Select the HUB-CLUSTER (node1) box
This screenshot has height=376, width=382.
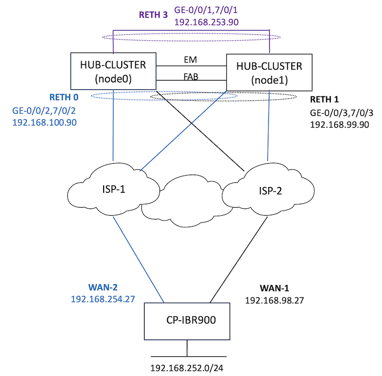(270, 72)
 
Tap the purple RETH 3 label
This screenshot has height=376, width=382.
(153, 15)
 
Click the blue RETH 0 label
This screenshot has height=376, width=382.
(64, 97)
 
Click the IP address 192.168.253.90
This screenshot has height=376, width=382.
(207, 22)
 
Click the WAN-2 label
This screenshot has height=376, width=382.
(103, 288)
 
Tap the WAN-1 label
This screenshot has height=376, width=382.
(274, 289)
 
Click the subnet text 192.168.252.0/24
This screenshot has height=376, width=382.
(187, 368)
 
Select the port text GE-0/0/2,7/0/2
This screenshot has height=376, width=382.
(43, 111)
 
